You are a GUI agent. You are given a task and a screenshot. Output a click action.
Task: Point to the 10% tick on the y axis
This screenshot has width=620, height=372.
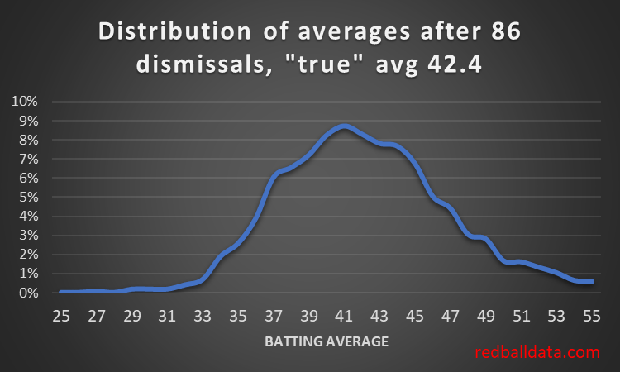click(x=23, y=102)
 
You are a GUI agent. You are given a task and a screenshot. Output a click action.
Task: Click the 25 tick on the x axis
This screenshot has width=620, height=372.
click(x=61, y=315)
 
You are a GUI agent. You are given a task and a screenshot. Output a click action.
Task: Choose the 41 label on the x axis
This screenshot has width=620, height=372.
click(x=344, y=315)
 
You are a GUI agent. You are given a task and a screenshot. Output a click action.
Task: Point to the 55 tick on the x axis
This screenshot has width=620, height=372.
click(x=591, y=315)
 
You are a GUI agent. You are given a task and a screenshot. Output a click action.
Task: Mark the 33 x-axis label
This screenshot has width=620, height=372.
click(x=203, y=315)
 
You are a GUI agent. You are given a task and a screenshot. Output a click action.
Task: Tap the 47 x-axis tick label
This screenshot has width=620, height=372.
click(x=450, y=315)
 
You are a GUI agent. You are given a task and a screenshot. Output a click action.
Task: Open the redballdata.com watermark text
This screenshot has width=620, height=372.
click(x=537, y=353)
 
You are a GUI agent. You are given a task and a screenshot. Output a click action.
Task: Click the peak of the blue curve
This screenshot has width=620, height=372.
click(x=344, y=126)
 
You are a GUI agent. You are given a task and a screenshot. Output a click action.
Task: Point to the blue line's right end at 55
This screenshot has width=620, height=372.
click(x=591, y=282)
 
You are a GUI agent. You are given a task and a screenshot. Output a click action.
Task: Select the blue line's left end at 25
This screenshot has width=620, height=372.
click(x=61, y=292)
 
